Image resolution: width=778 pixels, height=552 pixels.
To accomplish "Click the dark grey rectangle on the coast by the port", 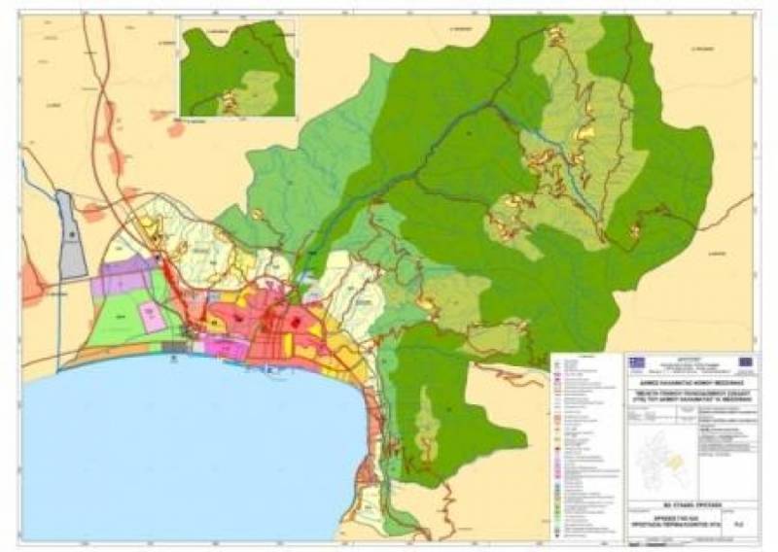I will (x=175, y=346).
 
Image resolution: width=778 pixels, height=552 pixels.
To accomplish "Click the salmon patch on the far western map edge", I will (x=32, y=283).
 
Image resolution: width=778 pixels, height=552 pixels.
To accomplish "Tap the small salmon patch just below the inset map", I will (x=176, y=128).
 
